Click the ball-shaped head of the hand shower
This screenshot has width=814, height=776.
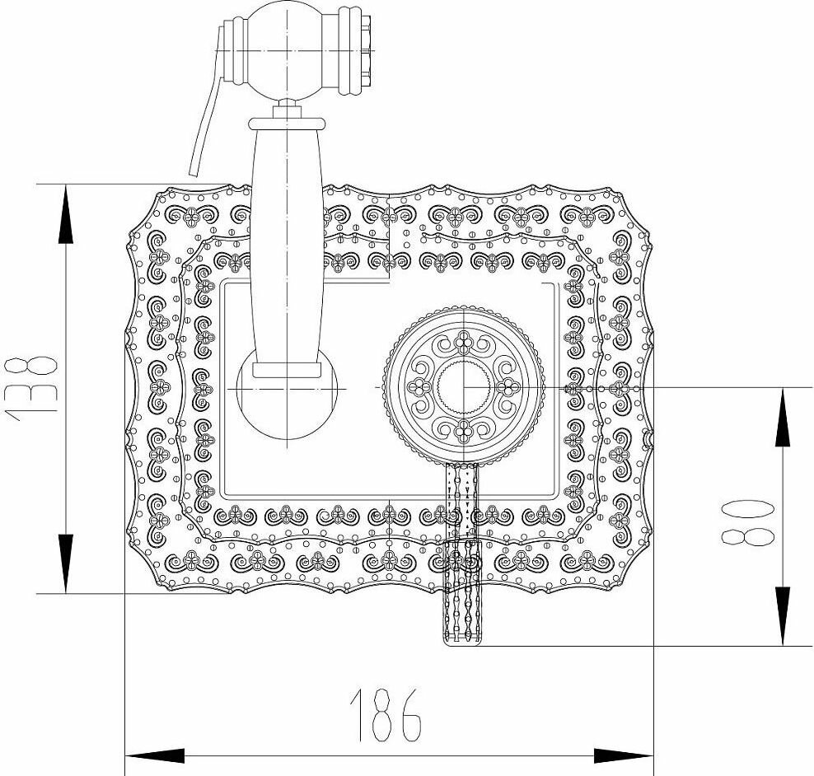[288, 48]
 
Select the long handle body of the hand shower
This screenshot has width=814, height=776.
[285, 247]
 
